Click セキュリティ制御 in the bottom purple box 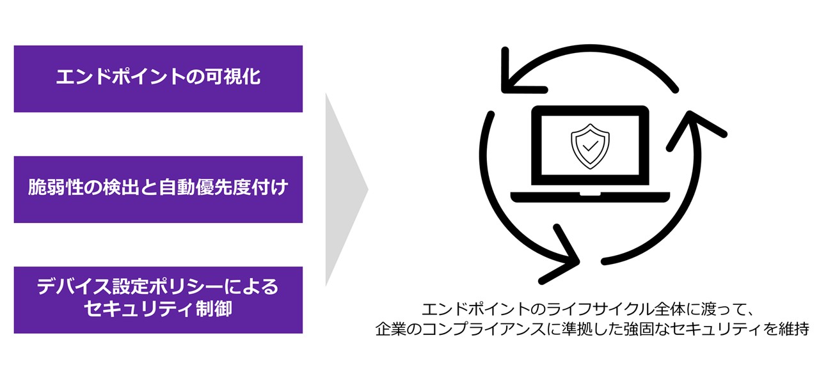tap(158, 309)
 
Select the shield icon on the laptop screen tap(589, 144)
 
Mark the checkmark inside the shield tap(589, 146)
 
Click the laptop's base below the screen tap(589, 196)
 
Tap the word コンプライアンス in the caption tap(486, 330)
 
